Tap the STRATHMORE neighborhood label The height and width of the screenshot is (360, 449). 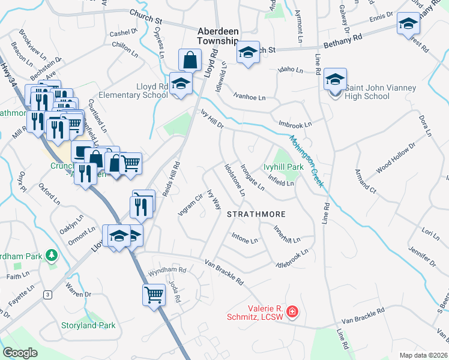(x=256, y=214)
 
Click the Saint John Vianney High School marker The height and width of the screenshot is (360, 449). (x=335, y=80)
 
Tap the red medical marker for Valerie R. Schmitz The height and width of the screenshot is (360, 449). (x=292, y=312)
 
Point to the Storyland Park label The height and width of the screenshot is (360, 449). (x=88, y=325)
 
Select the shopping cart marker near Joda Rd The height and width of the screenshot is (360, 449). (x=154, y=295)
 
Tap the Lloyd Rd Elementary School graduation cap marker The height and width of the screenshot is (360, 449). (x=179, y=84)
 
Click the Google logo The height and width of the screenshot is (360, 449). (x=19, y=353)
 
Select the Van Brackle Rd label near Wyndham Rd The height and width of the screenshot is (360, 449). (x=223, y=272)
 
